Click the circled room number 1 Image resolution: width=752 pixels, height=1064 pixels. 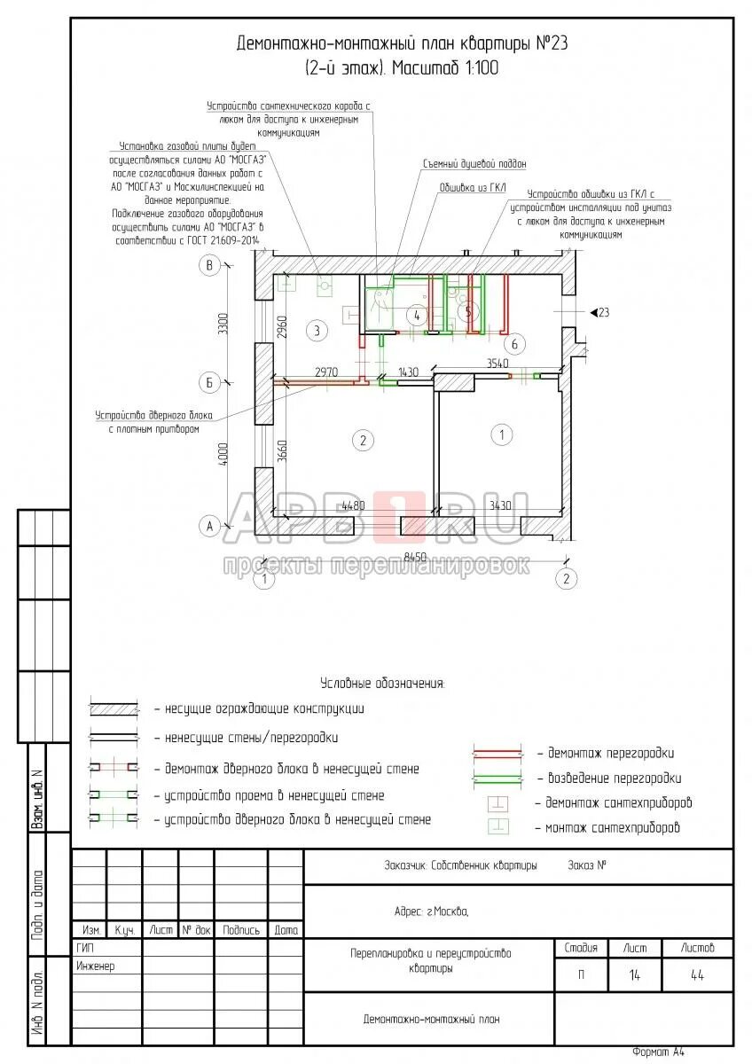502,434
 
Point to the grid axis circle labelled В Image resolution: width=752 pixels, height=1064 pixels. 210,264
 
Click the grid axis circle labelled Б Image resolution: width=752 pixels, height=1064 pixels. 210,382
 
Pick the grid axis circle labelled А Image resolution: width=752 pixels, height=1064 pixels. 210,526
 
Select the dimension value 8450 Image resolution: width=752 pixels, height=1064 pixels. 416,557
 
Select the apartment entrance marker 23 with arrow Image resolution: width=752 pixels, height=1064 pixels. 599,312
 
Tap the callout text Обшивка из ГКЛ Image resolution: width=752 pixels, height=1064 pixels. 473,188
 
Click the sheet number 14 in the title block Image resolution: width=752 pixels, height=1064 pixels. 634,974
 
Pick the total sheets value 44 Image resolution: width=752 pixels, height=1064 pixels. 697,974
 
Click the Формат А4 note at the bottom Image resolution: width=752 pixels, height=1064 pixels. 658,1052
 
